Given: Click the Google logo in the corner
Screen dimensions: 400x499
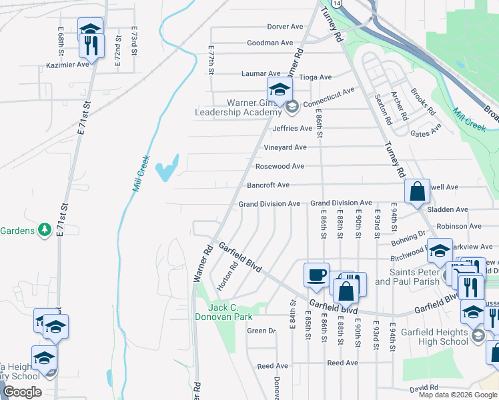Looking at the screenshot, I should [x=22, y=391].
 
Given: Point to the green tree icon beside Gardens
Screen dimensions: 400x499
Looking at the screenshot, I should [x=45, y=230].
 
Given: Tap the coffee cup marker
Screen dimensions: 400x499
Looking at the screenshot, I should [x=316, y=274].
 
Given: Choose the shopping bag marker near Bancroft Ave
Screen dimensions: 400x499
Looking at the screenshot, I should [x=417, y=192].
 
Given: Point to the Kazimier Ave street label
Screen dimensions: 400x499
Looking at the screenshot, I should [x=67, y=65].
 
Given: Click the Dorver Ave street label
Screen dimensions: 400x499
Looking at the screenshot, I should [x=285, y=27].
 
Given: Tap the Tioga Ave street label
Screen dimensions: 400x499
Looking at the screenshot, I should [x=316, y=77].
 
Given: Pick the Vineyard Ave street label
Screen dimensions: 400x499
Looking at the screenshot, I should [x=285, y=147].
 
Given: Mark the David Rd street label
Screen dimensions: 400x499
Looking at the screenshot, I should [x=424, y=387].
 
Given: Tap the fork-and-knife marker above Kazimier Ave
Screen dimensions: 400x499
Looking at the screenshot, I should [x=91, y=46].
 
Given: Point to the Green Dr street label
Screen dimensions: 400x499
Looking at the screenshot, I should [x=261, y=331].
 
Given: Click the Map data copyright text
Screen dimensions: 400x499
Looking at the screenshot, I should [x=458, y=395].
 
